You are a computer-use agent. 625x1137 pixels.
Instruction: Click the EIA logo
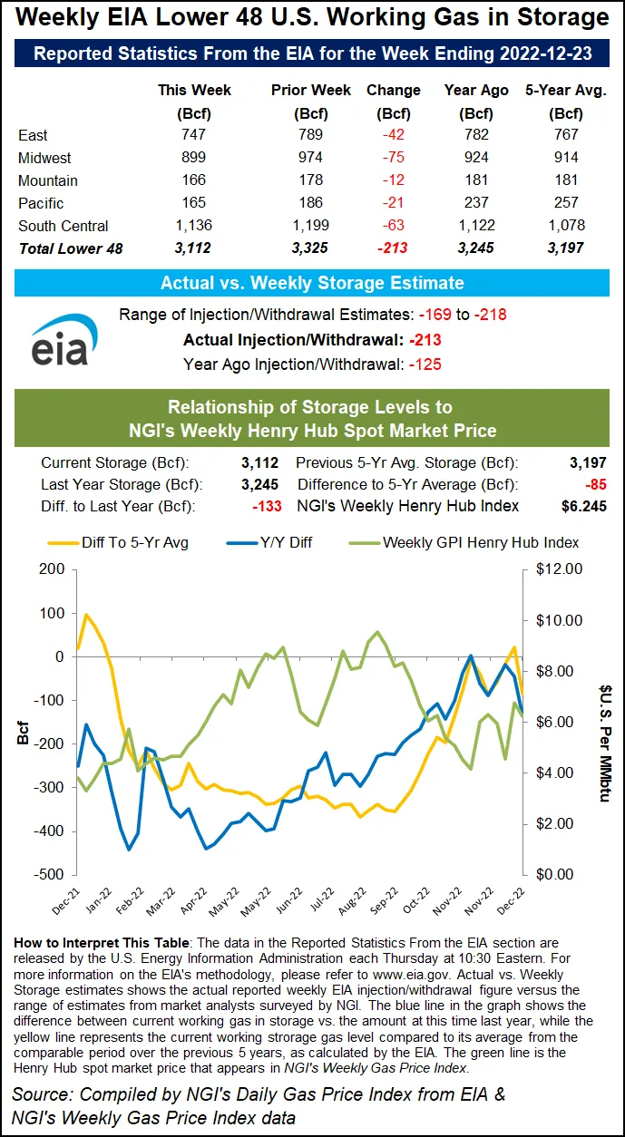[x=59, y=340]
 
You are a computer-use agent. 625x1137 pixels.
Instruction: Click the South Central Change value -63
[x=393, y=226]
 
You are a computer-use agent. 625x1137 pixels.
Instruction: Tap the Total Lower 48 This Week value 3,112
[x=194, y=248]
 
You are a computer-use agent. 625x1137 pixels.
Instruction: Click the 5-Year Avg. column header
[x=566, y=91]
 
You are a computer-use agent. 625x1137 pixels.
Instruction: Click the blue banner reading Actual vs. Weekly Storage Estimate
[x=312, y=283]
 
